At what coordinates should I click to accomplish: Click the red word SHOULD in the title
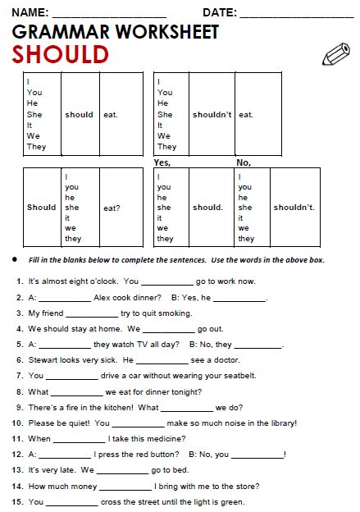pos(60,54)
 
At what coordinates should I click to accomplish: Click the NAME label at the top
pos(28,13)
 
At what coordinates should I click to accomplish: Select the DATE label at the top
pos(220,13)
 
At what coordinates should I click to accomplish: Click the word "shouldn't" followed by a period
pos(294,208)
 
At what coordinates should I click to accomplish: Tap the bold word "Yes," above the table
pos(162,162)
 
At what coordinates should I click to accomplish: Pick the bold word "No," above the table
pos(243,162)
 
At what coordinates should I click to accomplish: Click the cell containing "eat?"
pos(112,208)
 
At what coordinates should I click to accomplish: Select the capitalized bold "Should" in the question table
pos(41,208)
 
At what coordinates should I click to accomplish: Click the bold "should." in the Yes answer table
pos(207,208)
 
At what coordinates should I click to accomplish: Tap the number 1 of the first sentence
pos(19,281)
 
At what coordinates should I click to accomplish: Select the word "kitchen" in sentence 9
pos(116,407)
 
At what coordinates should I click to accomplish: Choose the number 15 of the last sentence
pos(16,502)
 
